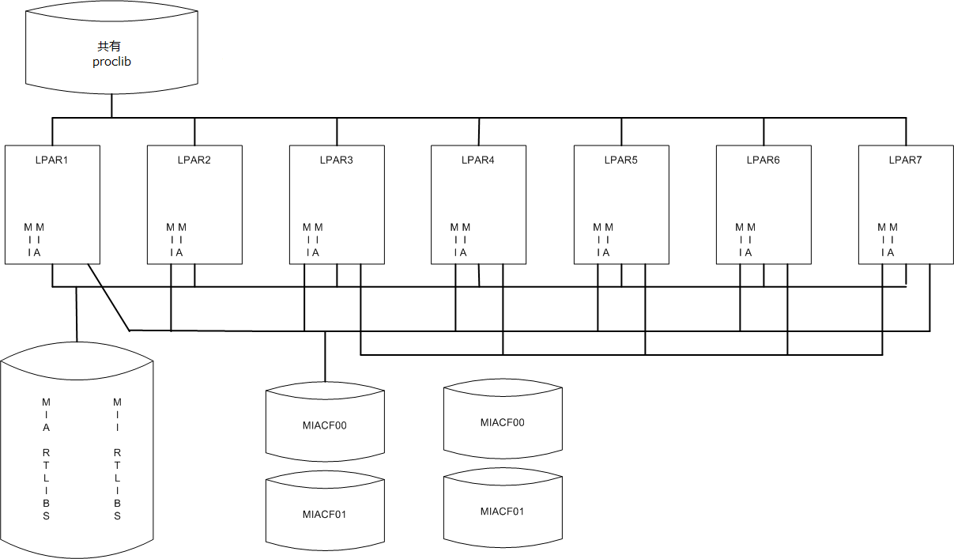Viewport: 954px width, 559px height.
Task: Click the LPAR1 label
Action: click(x=52, y=160)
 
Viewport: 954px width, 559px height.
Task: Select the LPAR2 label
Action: click(x=194, y=160)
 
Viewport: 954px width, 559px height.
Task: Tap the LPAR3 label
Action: click(x=337, y=160)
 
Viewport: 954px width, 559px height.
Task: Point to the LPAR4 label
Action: click(x=478, y=160)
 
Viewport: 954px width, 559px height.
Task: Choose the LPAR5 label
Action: click(x=621, y=160)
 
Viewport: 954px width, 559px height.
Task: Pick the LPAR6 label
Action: click(x=764, y=160)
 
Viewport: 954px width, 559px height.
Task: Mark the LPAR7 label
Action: click(x=906, y=160)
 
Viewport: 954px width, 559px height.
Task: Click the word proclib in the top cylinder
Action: click(x=111, y=61)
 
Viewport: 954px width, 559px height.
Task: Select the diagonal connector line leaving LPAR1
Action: click(x=108, y=297)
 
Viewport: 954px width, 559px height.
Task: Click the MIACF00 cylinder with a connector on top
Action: click(x=325, y=425)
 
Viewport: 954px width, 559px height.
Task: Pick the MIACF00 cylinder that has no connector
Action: click(x=503, y=422)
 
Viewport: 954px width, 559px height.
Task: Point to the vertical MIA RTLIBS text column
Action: click(x=47, y=459)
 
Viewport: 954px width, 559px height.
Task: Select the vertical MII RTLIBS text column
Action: click(x=118, y=459)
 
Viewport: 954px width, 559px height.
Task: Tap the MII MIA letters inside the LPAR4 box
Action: click(x=460, y=240)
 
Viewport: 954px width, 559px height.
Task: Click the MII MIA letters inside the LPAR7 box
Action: click(x=887, y=240)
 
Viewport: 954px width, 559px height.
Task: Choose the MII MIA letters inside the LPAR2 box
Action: click(x=175, y=240)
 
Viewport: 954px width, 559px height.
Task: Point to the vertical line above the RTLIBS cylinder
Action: click(x=77, y=314)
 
